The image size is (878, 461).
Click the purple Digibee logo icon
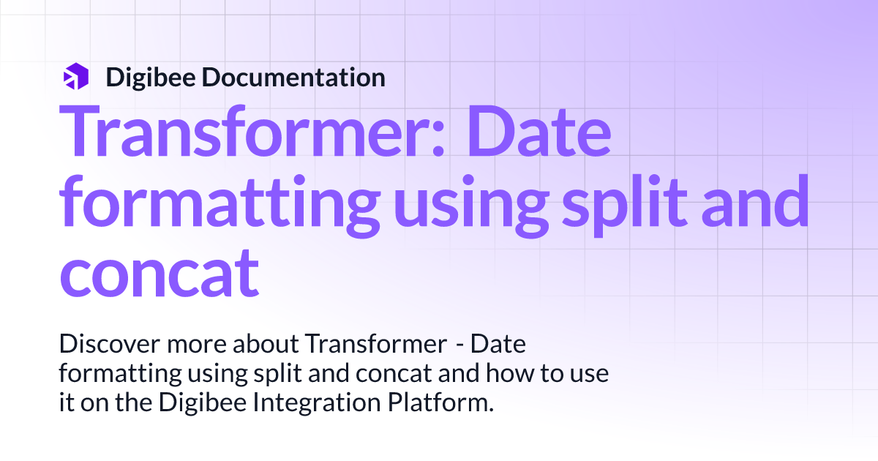click(x=76, y=77)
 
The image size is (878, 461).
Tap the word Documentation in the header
click(x=294, y=77)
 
